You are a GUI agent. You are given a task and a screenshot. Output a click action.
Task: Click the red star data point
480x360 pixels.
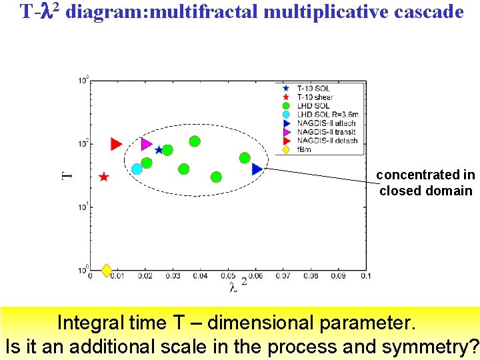click(104, 177)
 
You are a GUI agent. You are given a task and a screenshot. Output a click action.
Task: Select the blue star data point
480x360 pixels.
click(159, 149)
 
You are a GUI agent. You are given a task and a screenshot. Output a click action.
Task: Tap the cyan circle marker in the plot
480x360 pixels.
click(137, 169)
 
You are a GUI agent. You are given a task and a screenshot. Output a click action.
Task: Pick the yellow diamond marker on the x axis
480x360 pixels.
click(107, 270)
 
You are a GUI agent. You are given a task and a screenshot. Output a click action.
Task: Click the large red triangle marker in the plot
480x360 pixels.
click(116, 143)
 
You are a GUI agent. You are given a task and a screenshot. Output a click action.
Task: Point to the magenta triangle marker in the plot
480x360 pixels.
click(147, 143)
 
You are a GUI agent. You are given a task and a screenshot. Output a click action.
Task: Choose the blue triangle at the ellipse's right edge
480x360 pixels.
click(257, 169)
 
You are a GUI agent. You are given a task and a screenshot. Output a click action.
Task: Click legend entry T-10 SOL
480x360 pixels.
click(313, 88)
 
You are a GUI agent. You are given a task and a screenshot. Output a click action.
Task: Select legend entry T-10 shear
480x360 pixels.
click(315, 97)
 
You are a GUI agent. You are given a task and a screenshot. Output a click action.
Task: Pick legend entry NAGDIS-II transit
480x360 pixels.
click(327, 131)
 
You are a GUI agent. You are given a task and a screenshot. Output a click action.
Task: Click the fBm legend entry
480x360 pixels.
click(304, 149)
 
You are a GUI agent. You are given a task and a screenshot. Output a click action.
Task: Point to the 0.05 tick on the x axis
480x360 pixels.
click(228, 276)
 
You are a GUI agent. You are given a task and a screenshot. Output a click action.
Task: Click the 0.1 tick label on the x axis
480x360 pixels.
click(365, 276)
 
